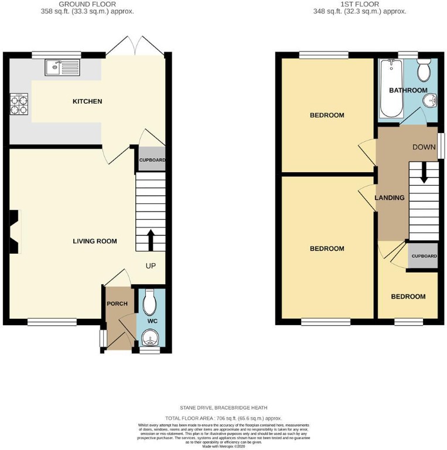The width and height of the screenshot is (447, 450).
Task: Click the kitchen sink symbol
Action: pos(62,67)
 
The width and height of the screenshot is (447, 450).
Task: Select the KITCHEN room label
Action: pos(87,101)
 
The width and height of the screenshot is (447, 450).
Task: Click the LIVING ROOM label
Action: pos(94,241)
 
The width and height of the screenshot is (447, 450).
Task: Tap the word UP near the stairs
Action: pos(151,266)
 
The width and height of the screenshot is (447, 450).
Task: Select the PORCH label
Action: pos(117,304)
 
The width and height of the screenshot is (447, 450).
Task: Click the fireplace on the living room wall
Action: pos(15,233)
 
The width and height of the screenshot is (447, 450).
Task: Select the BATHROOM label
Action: pos(408,90)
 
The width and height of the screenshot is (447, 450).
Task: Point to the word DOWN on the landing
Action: pos(423,146)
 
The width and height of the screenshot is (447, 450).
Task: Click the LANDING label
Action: pos(390,197)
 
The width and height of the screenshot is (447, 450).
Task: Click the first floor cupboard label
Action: pos(424,257)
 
